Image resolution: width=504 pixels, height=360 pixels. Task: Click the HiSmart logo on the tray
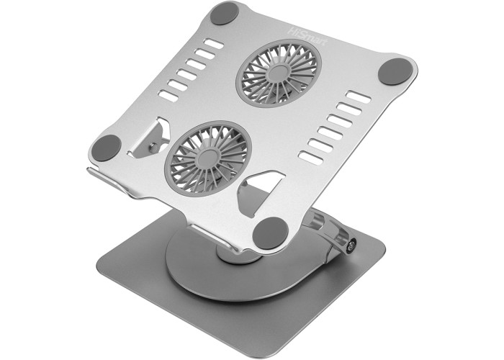[x=307, y=37]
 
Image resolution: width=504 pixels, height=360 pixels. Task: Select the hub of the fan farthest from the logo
[x=208, y=158]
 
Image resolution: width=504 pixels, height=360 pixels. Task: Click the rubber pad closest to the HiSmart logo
[x=225, y=13]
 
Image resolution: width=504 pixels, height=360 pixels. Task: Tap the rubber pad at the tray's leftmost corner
[x=107, y=148]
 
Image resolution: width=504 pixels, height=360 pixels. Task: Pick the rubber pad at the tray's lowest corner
[x=270, y=233]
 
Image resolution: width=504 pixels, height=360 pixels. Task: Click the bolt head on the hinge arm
[x=351, y=246]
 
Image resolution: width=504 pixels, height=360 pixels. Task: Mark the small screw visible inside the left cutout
[x=153, y=147]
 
